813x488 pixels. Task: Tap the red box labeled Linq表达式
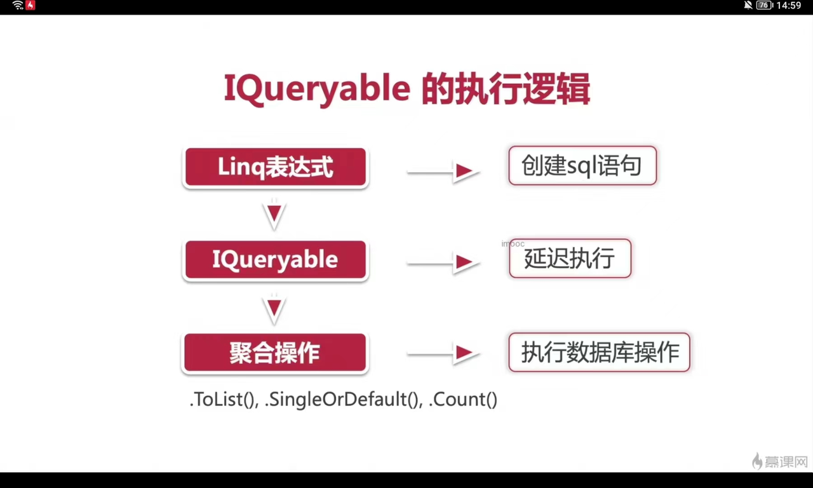(x=276, y=167)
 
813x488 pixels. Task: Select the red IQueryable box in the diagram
(x=276, y=260)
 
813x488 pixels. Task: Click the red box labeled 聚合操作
(x=275, y=352)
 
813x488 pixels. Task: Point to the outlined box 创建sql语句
(x=582, y=166)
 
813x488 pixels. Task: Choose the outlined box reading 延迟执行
(x=570, y=259)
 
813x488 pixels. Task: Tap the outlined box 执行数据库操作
(x=599, y=352)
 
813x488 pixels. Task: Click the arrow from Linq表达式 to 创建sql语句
(x=443, y=172)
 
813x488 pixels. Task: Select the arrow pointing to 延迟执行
(x=443, y=262)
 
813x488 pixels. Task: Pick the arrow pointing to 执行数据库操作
(x=443, y=353)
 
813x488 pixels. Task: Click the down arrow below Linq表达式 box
(x=274, y=214)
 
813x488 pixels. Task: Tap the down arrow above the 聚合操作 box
(x=274, y=309)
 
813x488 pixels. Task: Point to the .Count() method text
(x=463, y=400)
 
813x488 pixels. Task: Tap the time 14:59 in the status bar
(x=789, y=6)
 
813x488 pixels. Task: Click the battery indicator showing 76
(x=764, y=5)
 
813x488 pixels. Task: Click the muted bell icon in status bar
(x=748, y=5)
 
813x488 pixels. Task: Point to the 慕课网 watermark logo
(x=779, y=461)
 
